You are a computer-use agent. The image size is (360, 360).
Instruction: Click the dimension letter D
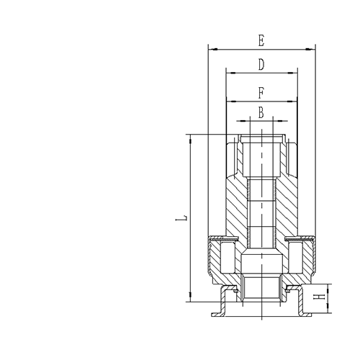tap(261, 64)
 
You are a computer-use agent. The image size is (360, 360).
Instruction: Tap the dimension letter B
tap(261, 112)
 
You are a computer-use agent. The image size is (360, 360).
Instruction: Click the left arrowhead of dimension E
tap(210, 49)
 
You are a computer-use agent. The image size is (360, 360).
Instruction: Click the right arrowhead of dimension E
tap(312, 49)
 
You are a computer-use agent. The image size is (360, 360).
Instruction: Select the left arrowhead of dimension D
tap(229, 71)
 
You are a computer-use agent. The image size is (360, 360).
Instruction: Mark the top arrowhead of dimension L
tap(190, 137)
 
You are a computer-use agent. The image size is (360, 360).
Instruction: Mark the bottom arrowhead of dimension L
tap(190, 300)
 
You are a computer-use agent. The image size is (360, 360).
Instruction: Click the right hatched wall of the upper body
tap(287, 209)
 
